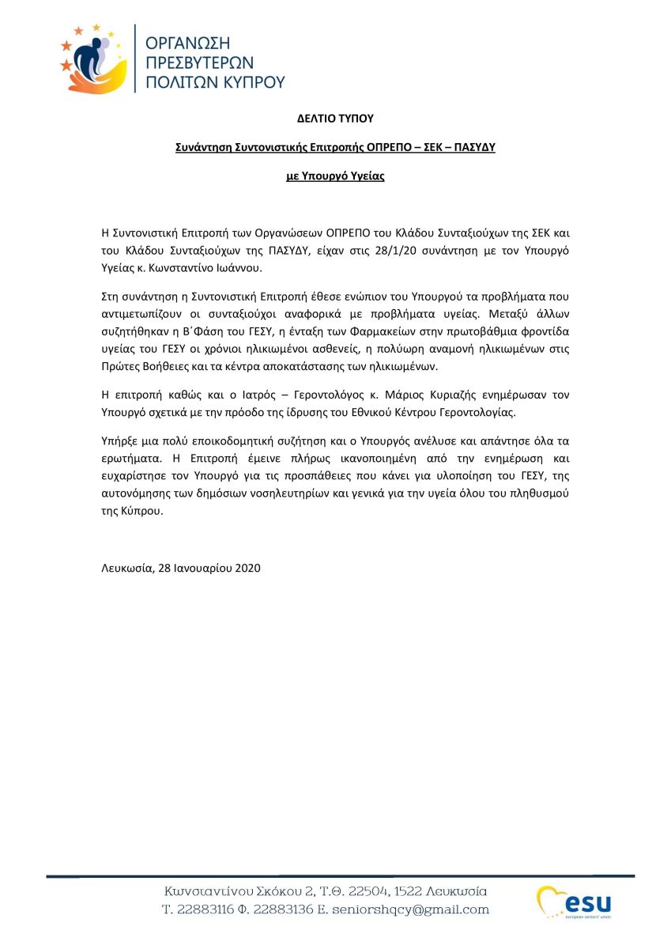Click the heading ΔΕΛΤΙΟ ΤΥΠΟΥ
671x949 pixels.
(x=334, y=119)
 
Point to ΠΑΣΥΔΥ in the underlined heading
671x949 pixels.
(x=471, y=147)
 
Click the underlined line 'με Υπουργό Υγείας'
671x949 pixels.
(x=335, y=176)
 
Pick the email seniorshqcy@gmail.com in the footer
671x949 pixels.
(x=420, y=910)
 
